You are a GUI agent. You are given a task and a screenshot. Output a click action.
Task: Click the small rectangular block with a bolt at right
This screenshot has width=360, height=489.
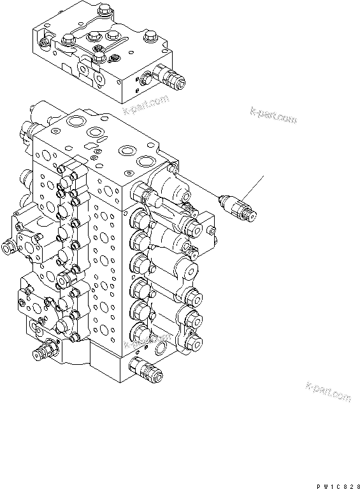211,227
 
